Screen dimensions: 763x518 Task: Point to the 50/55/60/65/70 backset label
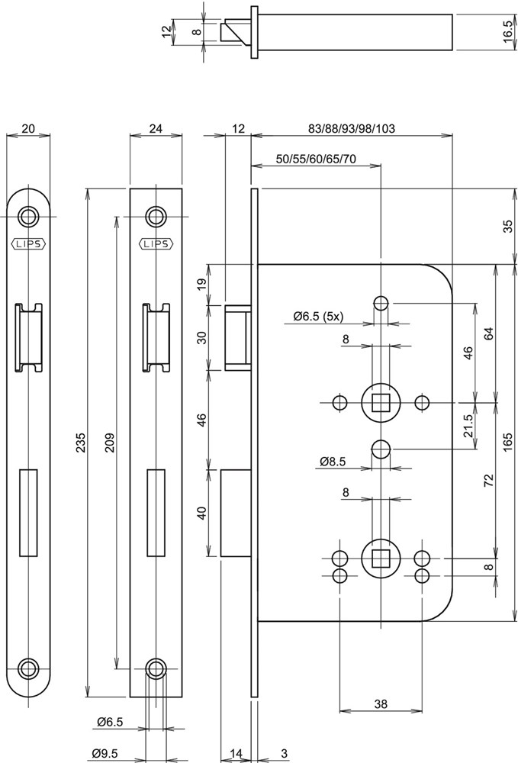click(315, 159)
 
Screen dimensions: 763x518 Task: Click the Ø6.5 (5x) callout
click(318, 316)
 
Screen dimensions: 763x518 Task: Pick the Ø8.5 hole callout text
click(333, 462)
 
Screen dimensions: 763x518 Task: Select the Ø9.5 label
click(104, 754)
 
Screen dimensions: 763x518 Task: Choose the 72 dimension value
click(488, 480)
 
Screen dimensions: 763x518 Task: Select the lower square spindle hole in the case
click(379, 556)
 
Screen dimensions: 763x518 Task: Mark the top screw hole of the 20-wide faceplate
click(29, 216)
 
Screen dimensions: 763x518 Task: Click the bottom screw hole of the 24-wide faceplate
click(156, 668)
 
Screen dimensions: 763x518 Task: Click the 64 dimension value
click(488, 333)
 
